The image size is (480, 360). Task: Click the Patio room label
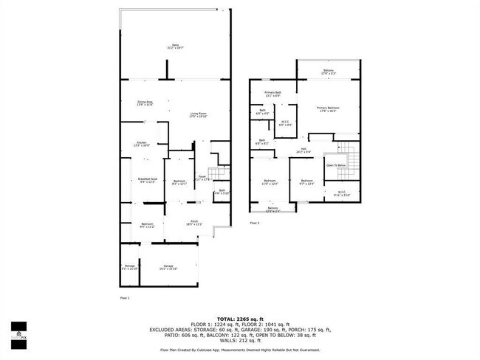pyautogui.click(x=174, y=46)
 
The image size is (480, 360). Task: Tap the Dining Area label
pyautogui.click(x=145, y=103)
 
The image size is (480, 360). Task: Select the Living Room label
pyautogui.click(x=198, y=114)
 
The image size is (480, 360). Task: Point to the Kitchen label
pyautogui.click(x=142, y=144)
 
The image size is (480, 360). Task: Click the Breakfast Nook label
pyautogui.click(x=145, y=179)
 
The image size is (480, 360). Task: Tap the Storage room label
pyautogui.click(x=129, y=266)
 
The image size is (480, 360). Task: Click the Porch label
pyautogui.click(x=193, y=222)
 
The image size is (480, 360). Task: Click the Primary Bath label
pyautogui.click(x=273, y=94)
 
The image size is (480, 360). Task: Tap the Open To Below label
pyautogui.click(x=336, y=165)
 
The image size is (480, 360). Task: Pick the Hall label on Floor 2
pyautogui.click(x=304, y=151)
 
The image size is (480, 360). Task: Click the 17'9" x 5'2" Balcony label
pyautogui.click(x=329, y=72)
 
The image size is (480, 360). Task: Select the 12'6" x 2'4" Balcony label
pyautogui.click(x=274, y=210)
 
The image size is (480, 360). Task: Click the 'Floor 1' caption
pyautogui.click(x=124, y=297)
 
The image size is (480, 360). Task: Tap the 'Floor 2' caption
pyautogui.click(x=254, y=222)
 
